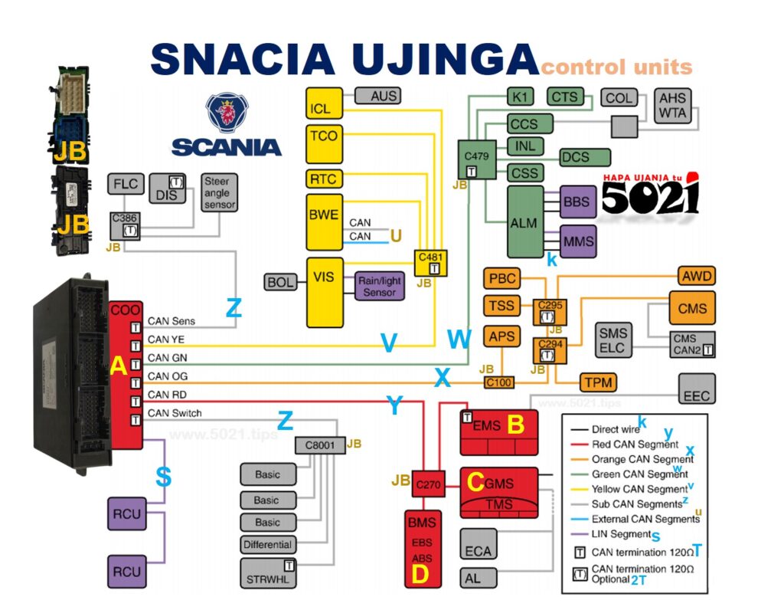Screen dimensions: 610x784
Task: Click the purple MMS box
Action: pos(578,241)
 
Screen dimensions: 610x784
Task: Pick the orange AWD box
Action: pos(696,276)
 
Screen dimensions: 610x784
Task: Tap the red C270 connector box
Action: pos(429,484)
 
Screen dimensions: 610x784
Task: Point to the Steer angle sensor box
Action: pos(219,194)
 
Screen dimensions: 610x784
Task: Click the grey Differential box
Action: pos(268,545)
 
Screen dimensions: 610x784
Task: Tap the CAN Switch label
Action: pos(175,414)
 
